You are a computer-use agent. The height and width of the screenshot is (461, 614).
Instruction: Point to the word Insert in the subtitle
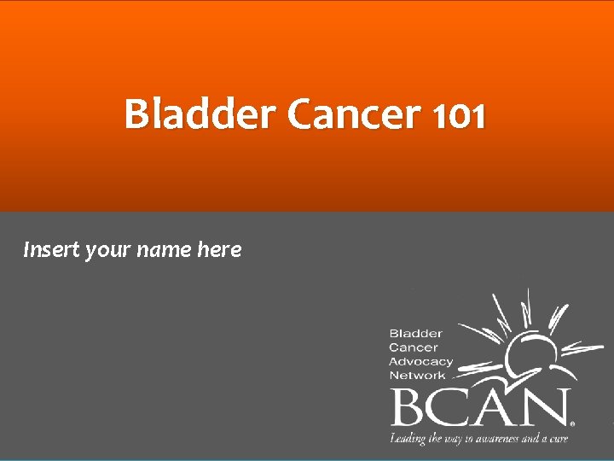tap(51, 250)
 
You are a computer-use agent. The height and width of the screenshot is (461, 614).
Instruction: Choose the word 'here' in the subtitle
tap(219, 250)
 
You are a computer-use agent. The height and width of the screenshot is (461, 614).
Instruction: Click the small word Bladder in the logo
tap(415, 333)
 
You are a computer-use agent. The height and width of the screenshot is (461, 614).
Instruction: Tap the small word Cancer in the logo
tap(413, 347)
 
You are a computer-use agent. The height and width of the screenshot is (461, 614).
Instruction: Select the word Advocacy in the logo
tap(420, 361)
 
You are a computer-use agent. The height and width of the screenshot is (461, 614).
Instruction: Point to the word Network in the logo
tap(417, 375)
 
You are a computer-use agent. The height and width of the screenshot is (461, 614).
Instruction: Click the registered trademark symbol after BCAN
tap(572, 423)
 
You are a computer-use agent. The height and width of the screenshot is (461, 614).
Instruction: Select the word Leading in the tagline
tap(408, 439)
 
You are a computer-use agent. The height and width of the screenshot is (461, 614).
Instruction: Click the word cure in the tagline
tap(558, 439)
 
